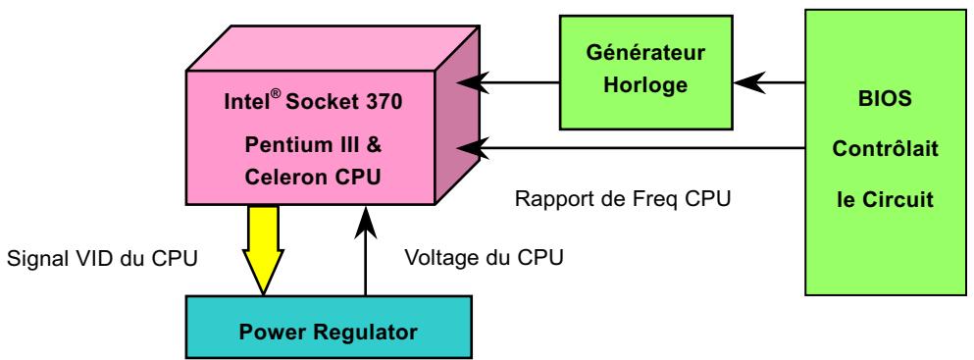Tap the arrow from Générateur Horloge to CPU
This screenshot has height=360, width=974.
514,82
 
